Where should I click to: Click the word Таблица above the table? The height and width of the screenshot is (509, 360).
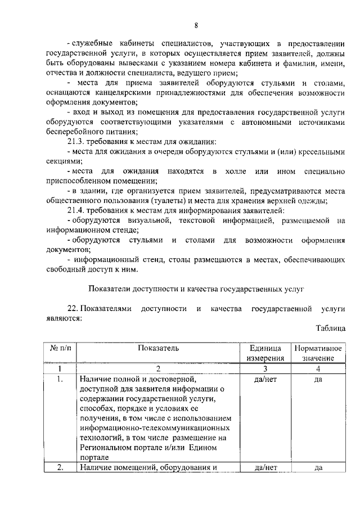[x=331, y=328]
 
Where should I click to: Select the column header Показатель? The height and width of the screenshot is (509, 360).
[x=158, y=348]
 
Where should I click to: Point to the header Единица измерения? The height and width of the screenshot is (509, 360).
[x=263, y=353]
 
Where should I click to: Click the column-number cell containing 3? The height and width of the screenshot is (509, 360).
[x=263, y=369]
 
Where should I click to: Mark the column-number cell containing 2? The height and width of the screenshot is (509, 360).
[x=158, y=369]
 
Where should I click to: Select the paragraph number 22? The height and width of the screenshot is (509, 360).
[x=73, y=309]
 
